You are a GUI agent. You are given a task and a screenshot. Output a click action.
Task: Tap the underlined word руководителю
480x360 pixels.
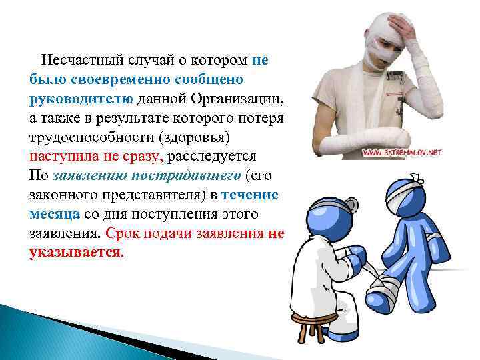tap(82, 99)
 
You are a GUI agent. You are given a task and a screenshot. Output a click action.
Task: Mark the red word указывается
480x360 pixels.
tap(76, 253)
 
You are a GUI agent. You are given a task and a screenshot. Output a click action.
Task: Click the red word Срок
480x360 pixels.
tap(123, 234)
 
